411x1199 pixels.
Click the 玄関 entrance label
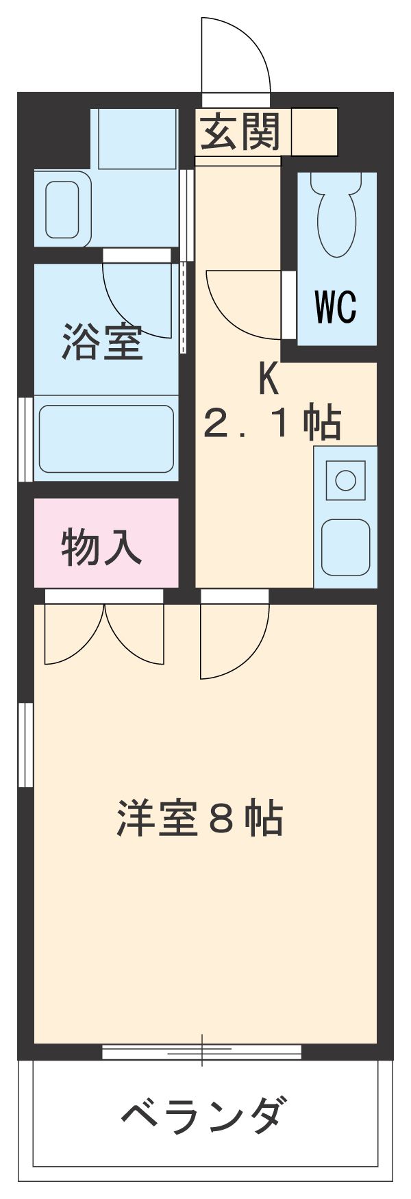241,132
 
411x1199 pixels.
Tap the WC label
336,307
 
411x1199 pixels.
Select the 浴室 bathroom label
102,342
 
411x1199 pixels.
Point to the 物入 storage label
102,547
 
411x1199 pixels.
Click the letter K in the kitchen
269,379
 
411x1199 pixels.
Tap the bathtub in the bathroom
106,438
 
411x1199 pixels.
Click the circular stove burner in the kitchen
345,480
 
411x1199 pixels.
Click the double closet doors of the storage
104,634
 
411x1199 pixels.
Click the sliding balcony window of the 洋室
202,1051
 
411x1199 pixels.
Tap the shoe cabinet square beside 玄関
314,131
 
